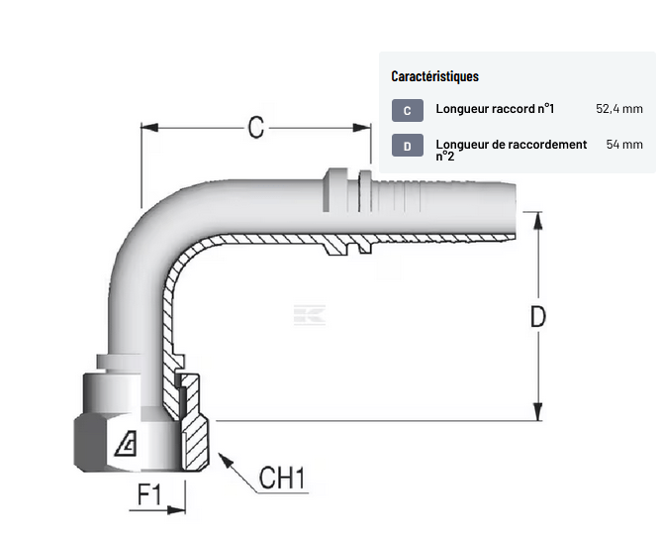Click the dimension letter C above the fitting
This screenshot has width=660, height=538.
click(256, 127)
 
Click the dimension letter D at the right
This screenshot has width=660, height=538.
click(537, 317)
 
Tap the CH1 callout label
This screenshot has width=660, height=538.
click(282, 478)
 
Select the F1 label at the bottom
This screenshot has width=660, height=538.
click(149, 494)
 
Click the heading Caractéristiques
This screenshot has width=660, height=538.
click(434, 76)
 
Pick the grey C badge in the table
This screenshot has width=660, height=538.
click(408, 110)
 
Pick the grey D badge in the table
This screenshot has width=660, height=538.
click(408, 146)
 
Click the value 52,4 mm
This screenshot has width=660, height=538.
click(619, 109)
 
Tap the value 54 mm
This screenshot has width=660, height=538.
click(624, 145)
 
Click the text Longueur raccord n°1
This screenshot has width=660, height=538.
click(495, 109)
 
